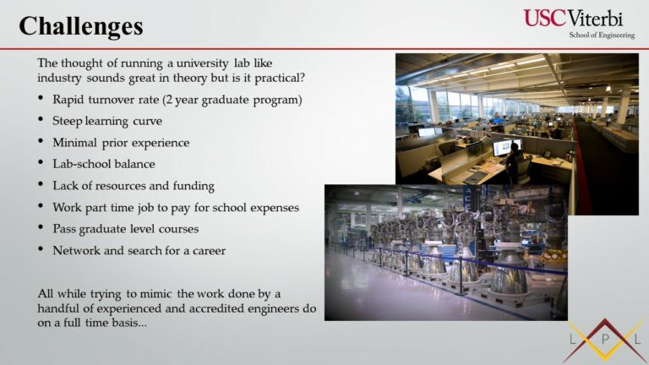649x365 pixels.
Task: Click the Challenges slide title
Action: (81, 27)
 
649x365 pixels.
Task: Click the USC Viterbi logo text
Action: (573, 19)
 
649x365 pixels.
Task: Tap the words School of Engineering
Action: (602, 35)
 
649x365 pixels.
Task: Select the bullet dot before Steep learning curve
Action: (41, 120)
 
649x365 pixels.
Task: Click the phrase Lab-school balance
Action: (103, 164)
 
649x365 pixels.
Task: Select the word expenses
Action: (275, 208)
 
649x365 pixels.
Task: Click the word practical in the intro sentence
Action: (280, 79)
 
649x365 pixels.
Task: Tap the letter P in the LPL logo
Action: (605, 340)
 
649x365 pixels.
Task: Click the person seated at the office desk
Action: (515, 162)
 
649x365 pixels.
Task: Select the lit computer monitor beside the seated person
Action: (502, 148)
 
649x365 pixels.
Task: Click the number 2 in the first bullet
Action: (168, 101)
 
